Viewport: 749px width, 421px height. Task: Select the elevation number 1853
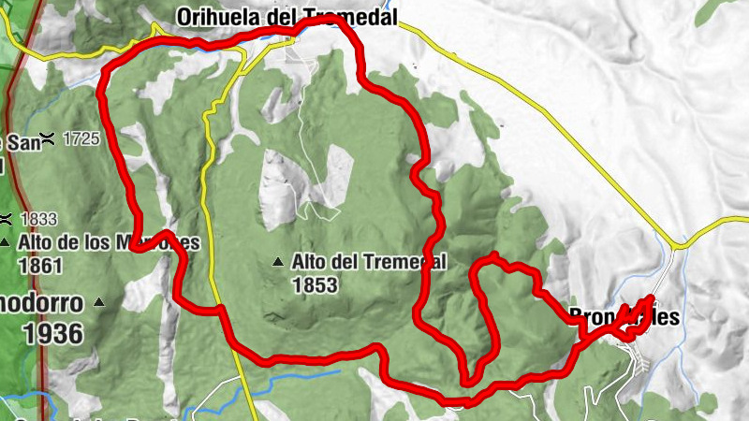point(315,285)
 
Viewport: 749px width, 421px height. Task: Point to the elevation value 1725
point(81,139)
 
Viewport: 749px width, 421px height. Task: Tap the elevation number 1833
point(38,219)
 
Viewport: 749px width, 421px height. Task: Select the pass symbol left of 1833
point(6,219)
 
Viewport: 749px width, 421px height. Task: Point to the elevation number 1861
point(39,266)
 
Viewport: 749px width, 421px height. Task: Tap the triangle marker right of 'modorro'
point(98,302)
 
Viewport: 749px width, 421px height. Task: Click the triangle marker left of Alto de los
point(7,242)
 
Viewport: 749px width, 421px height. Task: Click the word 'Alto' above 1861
point(36,242)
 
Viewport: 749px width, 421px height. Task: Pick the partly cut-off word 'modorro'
point(40,303)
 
